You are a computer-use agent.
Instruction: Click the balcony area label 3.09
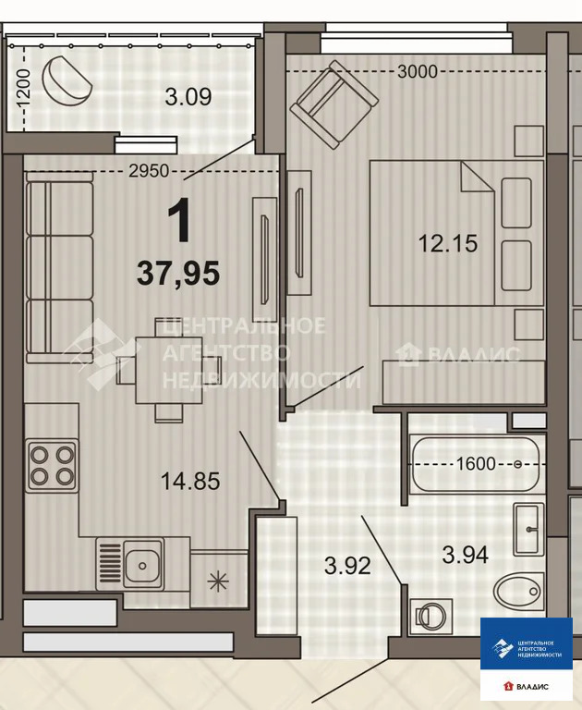(188, 97)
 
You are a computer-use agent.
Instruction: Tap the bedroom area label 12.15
(448, 243)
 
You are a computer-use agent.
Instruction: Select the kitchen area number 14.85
(190, 481)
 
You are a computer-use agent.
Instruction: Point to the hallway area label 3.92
(347, 566)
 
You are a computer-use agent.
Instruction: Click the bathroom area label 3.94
(466, 555)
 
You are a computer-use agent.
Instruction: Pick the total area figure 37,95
(178, 274)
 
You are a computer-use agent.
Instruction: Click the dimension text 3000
(418, 71)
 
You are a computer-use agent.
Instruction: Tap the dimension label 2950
(149, 171)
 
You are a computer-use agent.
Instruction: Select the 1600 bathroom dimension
(476, 464)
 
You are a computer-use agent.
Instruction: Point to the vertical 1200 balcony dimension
(22, 88)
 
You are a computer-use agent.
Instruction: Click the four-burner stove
(52, 466)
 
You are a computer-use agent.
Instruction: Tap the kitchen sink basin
(143, 564)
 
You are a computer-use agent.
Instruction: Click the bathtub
(475, 464)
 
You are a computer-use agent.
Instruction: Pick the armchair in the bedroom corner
(334, 104)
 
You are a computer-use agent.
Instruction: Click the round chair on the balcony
(67, 80)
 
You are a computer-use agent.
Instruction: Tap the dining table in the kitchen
(169, 370)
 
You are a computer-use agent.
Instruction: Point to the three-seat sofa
(59, 267)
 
